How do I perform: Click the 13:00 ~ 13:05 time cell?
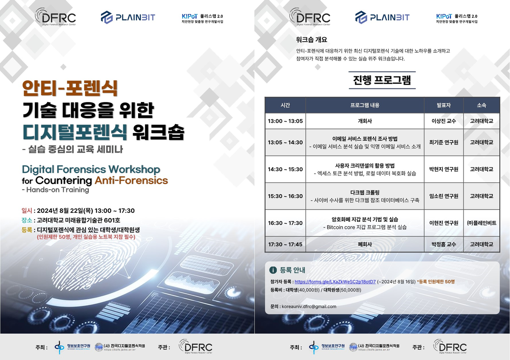[285, 121]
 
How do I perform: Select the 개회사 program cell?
[365, 121]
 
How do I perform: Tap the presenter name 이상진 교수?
[444, 121]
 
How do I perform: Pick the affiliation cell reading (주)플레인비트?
[482, 223]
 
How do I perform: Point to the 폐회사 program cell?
[365, 245]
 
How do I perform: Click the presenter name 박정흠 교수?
[444, 245]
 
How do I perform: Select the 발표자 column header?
[444, 105]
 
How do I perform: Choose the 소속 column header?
[482, 105]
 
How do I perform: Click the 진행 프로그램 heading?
[382, 79]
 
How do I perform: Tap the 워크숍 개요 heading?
[311, 40]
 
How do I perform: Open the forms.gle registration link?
[335, 281]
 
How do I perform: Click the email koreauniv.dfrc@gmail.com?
[309, 306]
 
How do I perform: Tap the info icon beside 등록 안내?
[273, 270]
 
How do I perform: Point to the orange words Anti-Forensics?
[131, 180]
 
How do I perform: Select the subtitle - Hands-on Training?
[55, 190]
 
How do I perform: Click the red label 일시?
[27, 210]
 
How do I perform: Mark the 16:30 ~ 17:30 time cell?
[285, 223]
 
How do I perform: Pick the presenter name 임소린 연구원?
[444, 196]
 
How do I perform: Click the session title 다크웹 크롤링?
[365, 192]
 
